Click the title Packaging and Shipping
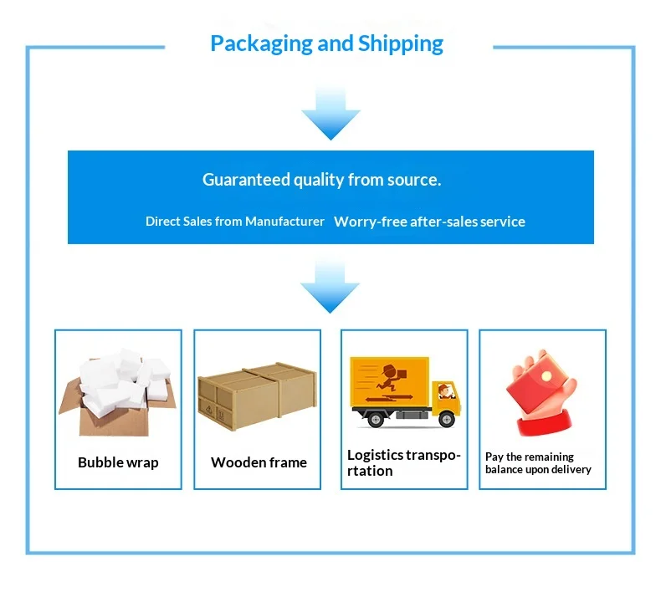click(326, 43)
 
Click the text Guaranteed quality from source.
click(321, 180)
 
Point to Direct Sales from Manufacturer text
click(234, 222)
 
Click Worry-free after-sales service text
click(429, 222)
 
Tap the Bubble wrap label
click(118, 462)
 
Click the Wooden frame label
click(259, 462)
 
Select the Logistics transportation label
click(403, 462)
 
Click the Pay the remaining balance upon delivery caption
click(538, 462)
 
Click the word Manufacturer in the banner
click(284, 222)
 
